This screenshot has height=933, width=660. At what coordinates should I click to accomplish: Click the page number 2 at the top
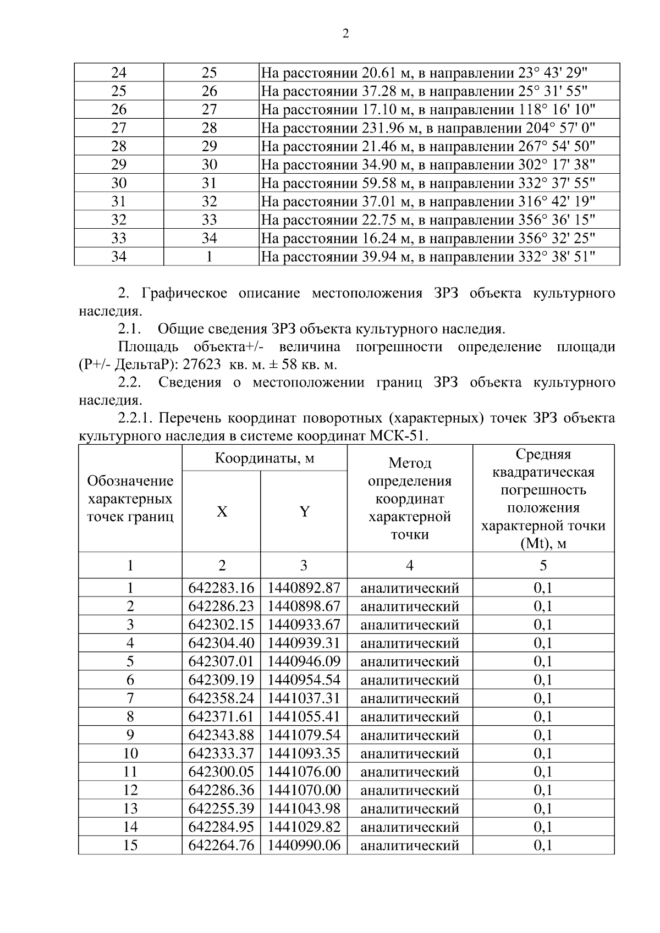345,34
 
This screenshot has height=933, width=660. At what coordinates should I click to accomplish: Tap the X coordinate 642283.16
221,588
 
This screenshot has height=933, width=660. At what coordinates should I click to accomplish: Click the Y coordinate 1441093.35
304,753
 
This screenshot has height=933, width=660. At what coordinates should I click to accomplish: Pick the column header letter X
221,512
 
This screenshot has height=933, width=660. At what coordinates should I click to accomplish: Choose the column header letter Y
304,512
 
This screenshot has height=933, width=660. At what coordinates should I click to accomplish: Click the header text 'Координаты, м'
265,458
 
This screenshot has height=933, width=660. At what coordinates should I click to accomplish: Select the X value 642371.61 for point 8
221,716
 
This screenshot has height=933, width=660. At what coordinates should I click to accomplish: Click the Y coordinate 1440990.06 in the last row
304,845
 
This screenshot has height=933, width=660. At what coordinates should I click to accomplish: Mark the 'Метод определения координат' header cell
410,499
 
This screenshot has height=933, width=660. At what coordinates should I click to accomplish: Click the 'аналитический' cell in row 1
410,588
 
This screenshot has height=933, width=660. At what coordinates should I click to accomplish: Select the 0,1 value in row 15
543,845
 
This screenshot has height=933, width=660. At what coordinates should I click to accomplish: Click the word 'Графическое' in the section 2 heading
184,293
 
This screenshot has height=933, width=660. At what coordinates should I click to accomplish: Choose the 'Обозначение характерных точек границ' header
130,499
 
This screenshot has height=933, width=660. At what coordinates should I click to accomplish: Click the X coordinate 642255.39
221,808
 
